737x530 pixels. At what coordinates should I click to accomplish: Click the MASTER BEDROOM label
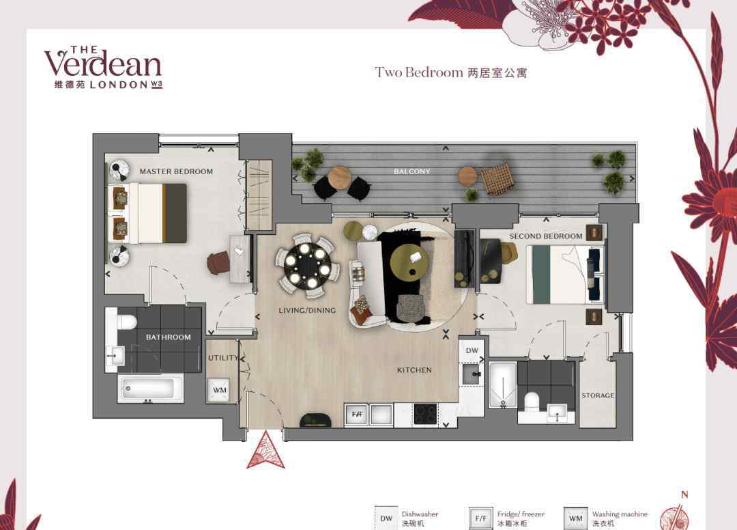[x=176, y=171]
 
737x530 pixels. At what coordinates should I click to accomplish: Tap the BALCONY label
[x=411, y=171]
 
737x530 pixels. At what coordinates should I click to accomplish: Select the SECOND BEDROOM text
[x=546, y=236]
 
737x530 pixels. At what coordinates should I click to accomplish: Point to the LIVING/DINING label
[x=307, y=310]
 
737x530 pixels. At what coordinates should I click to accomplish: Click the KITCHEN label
[x=414, y=370]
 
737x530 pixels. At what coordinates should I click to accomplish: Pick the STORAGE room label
[x=598, y=395]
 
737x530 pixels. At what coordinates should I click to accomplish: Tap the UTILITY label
[x=223, y=358]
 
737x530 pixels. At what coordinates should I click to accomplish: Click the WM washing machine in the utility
[x=219, y=390]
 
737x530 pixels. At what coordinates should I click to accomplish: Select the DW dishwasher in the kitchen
[x=472, y=351]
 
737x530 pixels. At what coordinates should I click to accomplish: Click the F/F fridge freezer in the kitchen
[x=357, y=415]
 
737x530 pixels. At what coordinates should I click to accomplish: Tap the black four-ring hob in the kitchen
[x=425, y=415]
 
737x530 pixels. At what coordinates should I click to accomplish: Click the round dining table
[x=307, y=267]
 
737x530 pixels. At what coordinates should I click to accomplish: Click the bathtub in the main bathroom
[x=150, y=389]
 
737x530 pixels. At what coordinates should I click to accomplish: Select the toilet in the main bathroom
[x=125, y=322]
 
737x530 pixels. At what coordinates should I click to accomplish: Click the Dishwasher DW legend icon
[x=386, y=518]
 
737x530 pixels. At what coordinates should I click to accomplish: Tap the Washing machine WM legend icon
[x=575, y=518]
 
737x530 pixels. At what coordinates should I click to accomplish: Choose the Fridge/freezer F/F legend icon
[x=480, y=518]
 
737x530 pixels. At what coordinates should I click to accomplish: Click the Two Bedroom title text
[x=419, y=72]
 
